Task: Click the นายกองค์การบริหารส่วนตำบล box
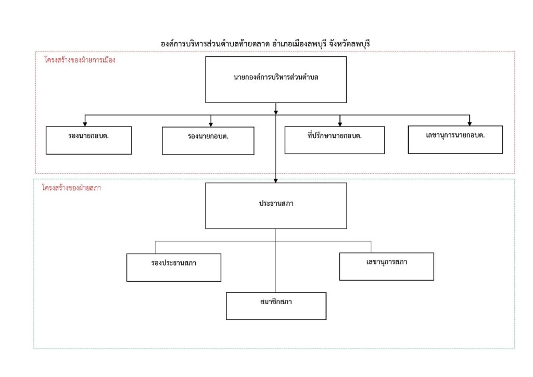click(x=276, y=80)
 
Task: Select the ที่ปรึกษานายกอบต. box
click(x=335, y=140)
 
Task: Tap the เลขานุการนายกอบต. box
click(x=455, y=140)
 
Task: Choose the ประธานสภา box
click(x=276, y=206)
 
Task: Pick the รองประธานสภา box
click(x=174, y=268)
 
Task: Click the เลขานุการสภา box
click(x=387, y=267)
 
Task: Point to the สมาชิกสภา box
click(x=276, y=306)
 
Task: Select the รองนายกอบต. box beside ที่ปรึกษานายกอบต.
click(x=208, y=141)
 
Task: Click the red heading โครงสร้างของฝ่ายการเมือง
click(x=80, y=60)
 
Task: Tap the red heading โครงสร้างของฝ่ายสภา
click(x=71, y=187)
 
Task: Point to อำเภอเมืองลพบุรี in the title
click(x=299, y=44)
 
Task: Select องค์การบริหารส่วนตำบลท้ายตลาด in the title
click(x=215, y=44)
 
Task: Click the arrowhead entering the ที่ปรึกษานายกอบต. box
click(x=340, y=124)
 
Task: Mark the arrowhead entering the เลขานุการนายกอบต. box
click(x=469, y=123)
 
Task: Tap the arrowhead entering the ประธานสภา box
click(x=276, y=181)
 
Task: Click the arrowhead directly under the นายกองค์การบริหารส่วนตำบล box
click(x=276, y=112)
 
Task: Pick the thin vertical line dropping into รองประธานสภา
click(x=155, y=247)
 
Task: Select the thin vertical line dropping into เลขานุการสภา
click(x=371, y=247)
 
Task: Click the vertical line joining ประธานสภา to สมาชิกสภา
click(x=276, y=260)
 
